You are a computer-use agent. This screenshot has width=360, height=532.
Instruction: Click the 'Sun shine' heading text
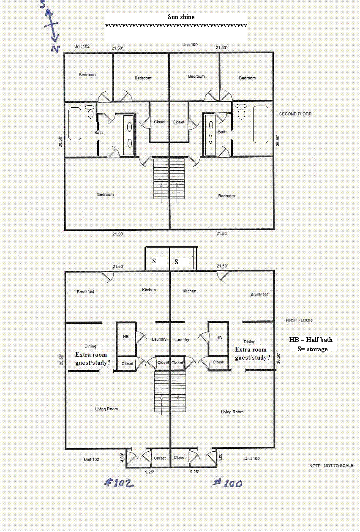pos(181,17)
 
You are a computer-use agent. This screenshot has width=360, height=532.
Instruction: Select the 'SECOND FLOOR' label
pos(295,114)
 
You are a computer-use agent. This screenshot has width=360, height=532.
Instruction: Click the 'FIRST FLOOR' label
pos(299,320)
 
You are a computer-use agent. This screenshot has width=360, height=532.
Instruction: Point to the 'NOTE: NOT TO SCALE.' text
pos(332,466)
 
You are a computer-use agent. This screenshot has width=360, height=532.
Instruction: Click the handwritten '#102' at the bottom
pos(119,483)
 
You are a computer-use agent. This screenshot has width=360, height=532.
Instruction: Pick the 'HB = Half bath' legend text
pos(311,340)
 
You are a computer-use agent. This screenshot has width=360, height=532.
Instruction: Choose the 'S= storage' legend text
pos(313,349)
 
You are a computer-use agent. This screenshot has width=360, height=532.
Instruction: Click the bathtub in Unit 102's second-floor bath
pos(75,124)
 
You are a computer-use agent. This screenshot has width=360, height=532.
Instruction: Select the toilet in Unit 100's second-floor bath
pos(241,112)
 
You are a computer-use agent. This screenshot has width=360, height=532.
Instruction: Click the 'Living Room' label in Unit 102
pos(106,409)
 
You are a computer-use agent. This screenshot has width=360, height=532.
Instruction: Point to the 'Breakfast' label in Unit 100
pos(259,294)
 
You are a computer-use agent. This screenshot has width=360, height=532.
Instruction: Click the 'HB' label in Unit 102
pos(126,336)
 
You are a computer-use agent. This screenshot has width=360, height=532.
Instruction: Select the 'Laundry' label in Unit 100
pos(182,340)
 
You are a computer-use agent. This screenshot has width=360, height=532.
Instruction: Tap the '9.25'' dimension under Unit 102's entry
pos(150,472)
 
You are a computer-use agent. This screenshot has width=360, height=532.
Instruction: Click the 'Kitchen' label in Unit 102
pos(149,290)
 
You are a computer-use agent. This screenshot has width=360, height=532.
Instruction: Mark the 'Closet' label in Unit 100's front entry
pos(180,458)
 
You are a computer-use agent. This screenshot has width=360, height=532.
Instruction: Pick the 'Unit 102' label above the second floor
pos(82,46)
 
